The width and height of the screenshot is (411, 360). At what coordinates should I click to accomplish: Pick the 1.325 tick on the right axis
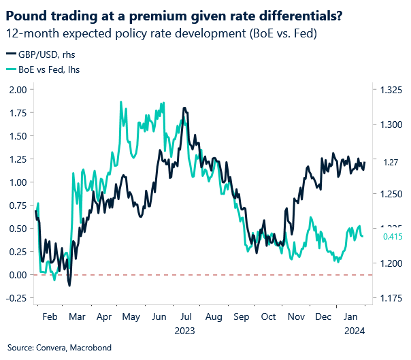[387, 90]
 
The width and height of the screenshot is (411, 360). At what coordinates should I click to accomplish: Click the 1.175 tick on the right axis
[387, 298]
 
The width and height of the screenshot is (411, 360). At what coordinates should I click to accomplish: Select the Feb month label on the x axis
[49, 316]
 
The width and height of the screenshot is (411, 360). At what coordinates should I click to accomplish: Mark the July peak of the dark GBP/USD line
[184, 108]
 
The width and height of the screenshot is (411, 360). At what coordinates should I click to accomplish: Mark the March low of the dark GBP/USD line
[69, 285]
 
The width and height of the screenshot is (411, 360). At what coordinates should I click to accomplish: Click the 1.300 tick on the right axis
[387, 125]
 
